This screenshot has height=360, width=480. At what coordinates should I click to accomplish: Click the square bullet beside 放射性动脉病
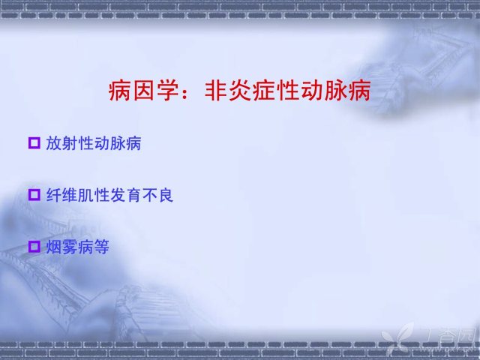pos(34,143)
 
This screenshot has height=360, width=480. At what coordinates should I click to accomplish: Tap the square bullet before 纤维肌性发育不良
pos(34,195)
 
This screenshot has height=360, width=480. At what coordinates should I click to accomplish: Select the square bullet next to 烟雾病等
pos(34,247)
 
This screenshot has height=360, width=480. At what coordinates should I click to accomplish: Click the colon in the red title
pos(185,91)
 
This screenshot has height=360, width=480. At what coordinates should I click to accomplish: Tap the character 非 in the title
pos(216,91)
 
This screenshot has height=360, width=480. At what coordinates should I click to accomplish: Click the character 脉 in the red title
pos(335,91)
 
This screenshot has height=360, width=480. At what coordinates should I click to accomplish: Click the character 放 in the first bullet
pos(54,143)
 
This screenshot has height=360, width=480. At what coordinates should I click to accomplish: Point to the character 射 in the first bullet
pos(70,143)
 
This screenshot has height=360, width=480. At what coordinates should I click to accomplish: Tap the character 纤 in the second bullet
pos(54,195)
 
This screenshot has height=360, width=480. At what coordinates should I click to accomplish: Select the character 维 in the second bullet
pos(70,195)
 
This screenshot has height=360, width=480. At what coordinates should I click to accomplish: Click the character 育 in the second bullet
pos(133,195)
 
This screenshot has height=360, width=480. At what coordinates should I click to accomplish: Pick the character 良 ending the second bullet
pos(166,195)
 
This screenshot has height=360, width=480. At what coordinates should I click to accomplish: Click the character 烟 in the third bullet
pos(54,247)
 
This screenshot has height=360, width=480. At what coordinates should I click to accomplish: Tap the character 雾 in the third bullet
pos(70,247)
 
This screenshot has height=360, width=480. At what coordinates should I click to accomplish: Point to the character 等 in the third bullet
pos(102,247)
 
